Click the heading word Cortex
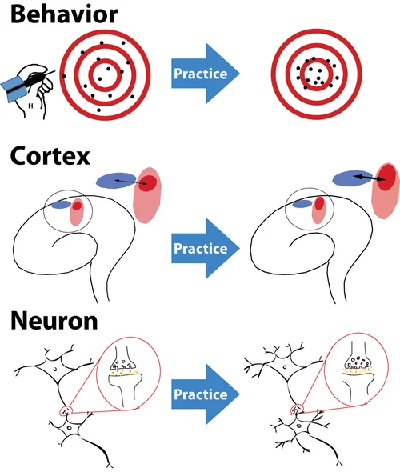50,156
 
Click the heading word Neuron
54,321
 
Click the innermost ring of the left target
102,74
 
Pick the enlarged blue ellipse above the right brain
354,177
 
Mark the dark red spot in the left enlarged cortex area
148,183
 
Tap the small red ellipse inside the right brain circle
318,206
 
